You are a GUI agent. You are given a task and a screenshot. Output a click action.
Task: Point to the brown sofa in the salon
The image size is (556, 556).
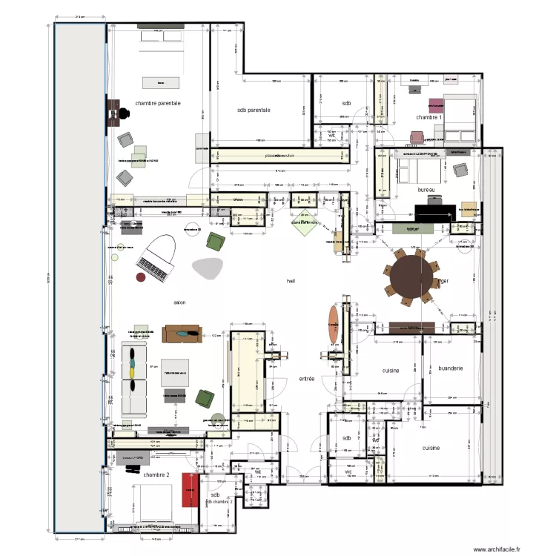coord(182,334)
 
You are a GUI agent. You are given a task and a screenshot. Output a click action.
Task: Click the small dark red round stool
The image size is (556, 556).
coord(139,277)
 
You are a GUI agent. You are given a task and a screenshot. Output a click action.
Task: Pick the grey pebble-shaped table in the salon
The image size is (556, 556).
coord(208,267)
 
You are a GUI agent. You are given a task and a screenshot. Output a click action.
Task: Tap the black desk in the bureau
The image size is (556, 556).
coord(433,213)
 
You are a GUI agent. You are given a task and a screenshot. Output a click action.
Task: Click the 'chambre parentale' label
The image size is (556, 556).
coord(157,104)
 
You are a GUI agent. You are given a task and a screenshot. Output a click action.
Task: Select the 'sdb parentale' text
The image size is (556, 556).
coord(254,110)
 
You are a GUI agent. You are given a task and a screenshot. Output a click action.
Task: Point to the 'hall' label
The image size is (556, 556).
coord(291,281)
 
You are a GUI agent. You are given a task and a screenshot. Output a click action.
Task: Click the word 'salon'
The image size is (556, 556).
coord(179,302)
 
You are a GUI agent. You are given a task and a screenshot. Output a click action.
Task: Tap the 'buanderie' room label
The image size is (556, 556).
coord(451,368)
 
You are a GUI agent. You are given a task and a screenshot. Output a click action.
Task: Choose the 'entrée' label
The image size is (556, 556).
coord(306,379)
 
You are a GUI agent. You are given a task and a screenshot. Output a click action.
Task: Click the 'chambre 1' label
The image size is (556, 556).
coord(428,117)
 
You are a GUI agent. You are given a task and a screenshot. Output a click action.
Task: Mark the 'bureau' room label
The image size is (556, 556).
coord(426,190)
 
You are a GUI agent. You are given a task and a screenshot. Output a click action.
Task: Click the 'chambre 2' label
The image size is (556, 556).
coord(156,474)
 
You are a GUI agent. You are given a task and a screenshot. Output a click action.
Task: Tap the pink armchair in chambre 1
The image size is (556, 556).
coord(434,104)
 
